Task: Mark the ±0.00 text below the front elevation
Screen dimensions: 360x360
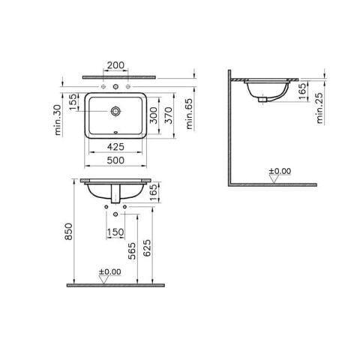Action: (x=109, y=271)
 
